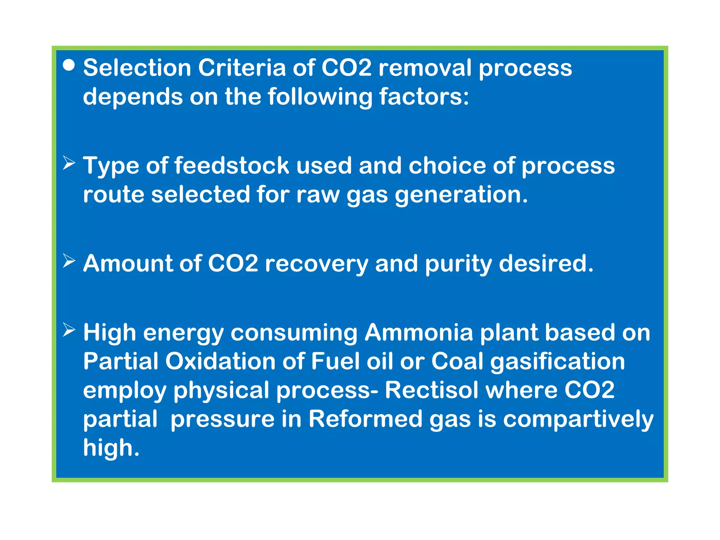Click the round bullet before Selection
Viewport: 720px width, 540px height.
(x=69, y=65)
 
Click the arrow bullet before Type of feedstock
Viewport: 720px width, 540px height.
(x=69, y=163)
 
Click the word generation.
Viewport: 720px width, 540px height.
(x=461, y=195)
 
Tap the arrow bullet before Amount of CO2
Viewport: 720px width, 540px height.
(x=69, y=261)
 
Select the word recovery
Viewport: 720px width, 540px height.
(x=316, y=264)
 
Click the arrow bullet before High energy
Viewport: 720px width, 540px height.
(x=69, y=330)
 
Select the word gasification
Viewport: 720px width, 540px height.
(x=558, y=362)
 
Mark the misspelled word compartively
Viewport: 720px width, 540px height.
(x=578, y=420)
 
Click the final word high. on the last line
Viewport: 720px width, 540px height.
(x=111, y=448)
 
